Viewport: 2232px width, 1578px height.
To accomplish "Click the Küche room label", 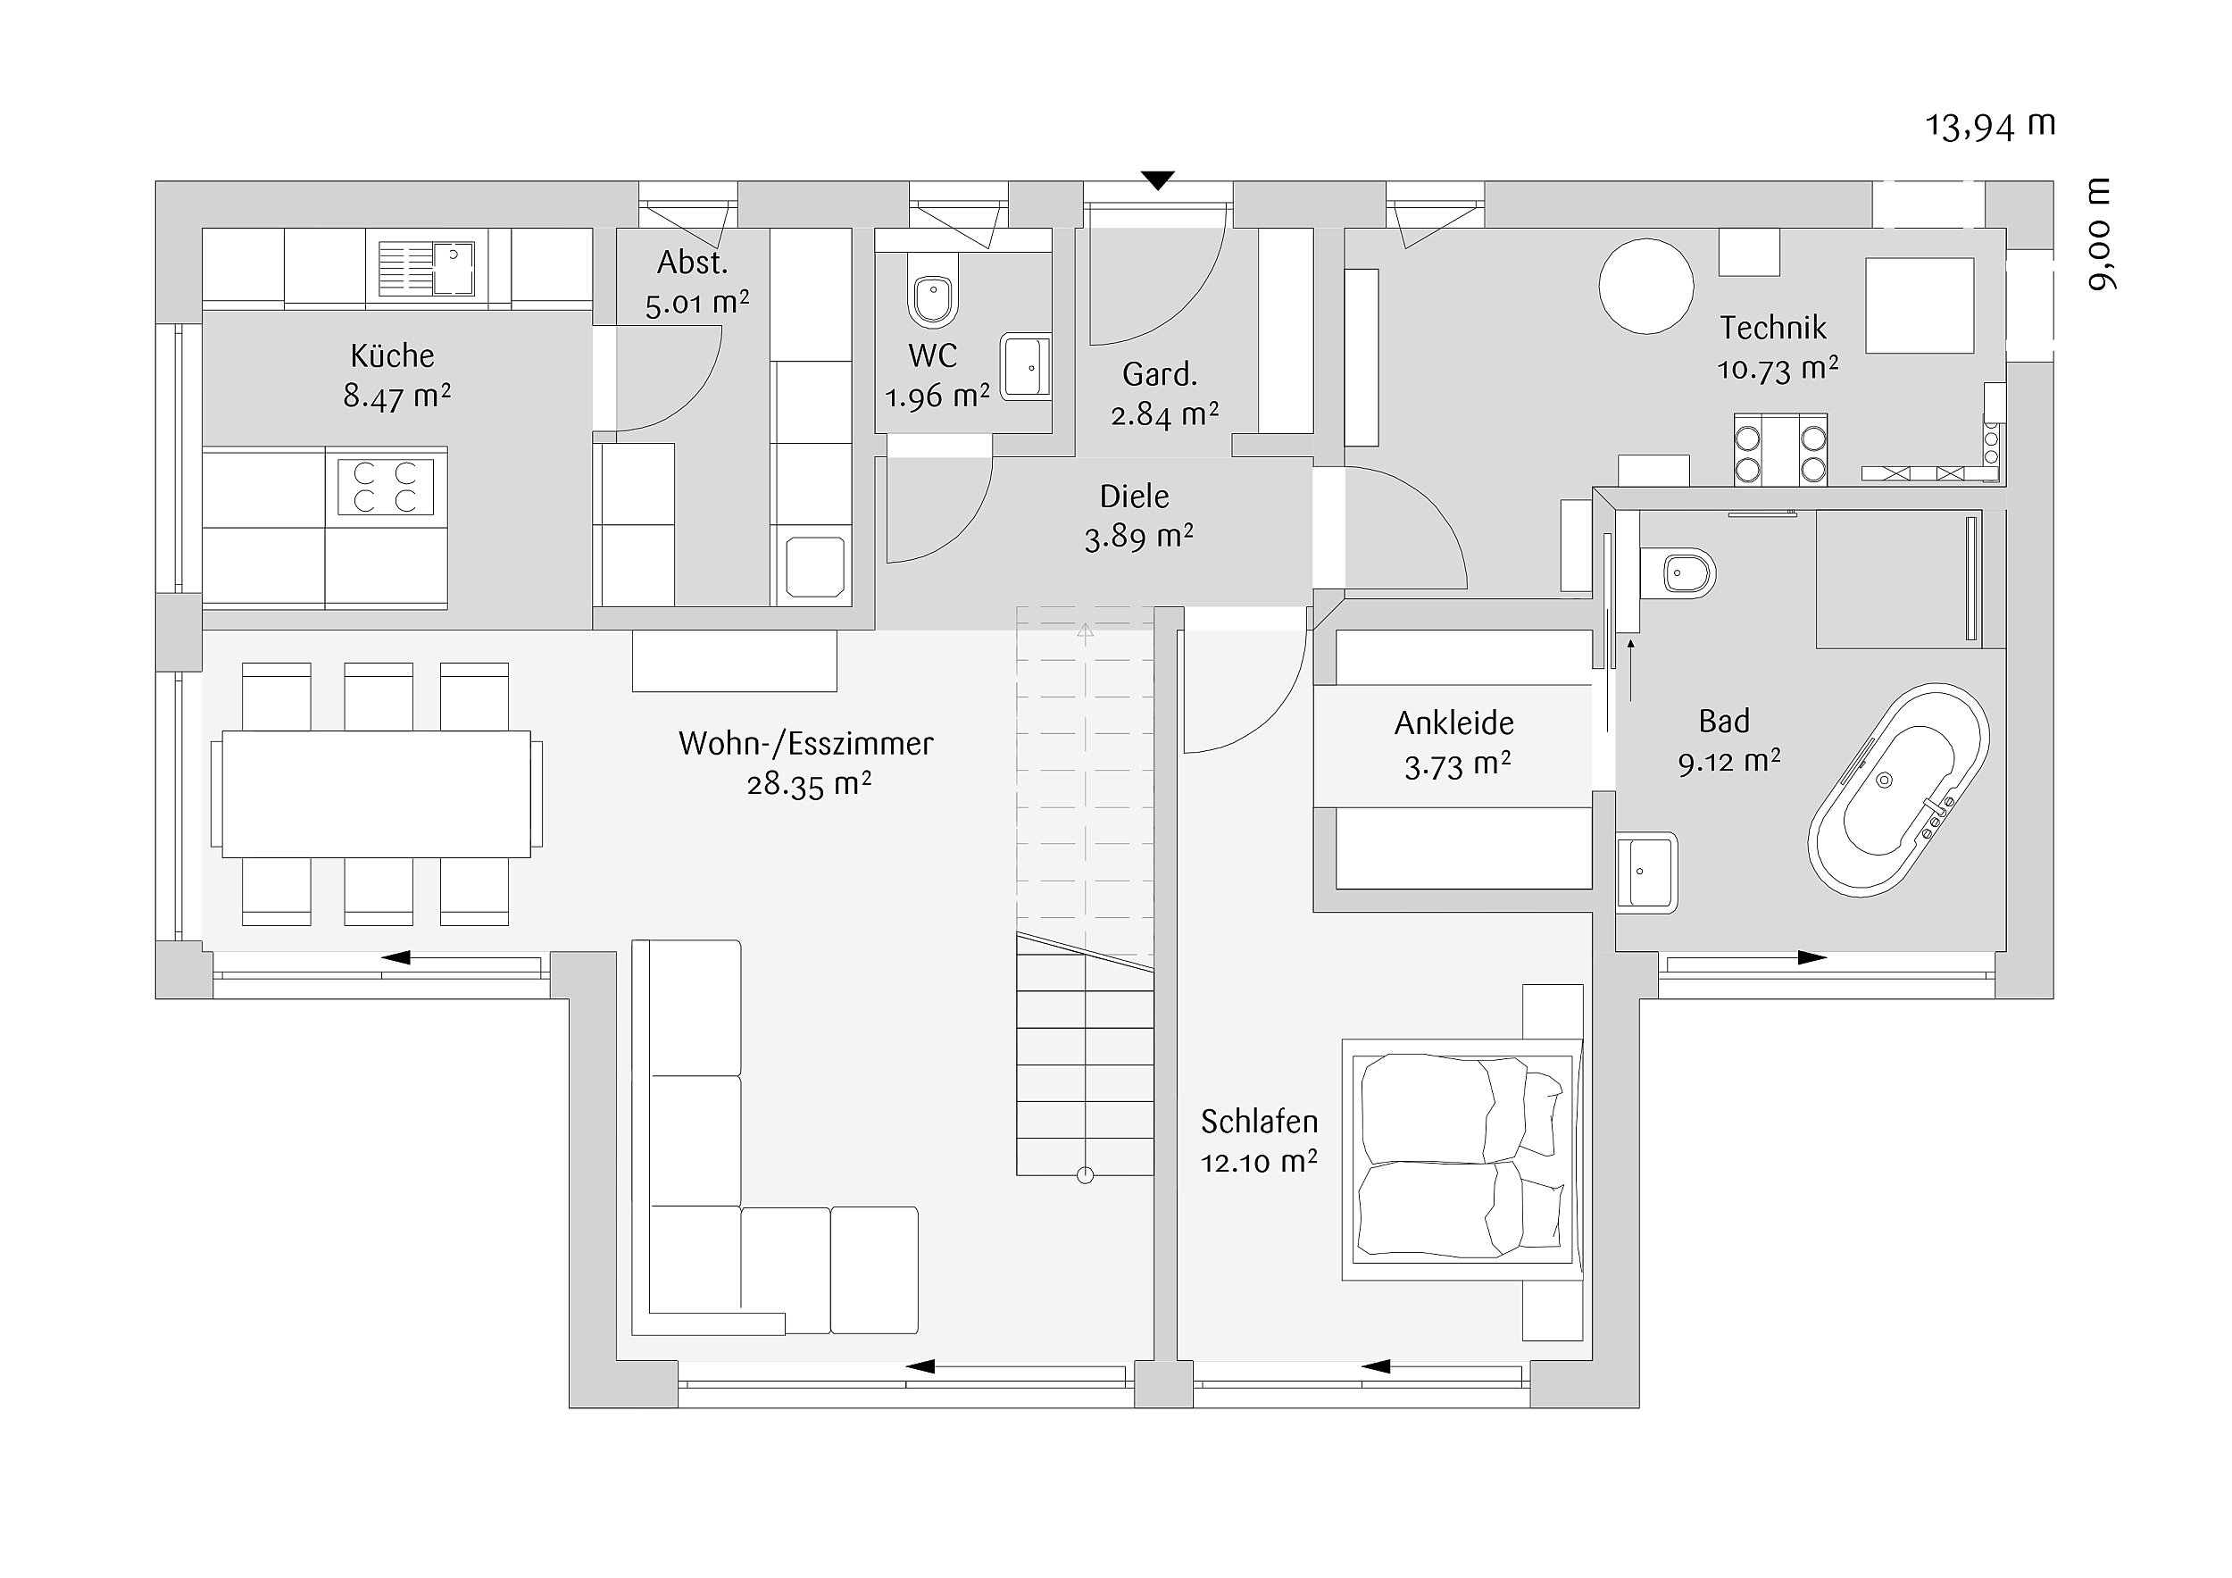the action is point(393,355).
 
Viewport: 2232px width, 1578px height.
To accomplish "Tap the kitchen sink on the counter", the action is point(426,268).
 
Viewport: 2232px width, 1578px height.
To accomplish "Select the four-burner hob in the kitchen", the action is point(386,487).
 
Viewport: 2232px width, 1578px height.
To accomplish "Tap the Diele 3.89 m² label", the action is point(1137,516).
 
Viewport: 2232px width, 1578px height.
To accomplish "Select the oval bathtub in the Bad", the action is point(1899,789).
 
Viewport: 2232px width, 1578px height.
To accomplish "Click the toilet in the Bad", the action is point(1678,573).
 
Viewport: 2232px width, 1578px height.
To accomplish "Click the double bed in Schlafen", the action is point(1462,1160).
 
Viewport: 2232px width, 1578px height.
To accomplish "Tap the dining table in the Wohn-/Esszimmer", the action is point(376,794).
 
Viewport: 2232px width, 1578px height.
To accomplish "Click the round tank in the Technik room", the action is point(1647,287).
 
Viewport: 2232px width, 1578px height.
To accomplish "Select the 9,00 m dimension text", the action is point(2100,234).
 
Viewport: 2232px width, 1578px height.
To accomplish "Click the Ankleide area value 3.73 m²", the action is point(1457,766).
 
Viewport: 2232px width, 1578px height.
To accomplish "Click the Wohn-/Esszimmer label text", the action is point(806,744).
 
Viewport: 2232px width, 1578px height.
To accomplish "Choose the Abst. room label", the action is point(692,263).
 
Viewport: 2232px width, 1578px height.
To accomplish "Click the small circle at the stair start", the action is point(1086,1175).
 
